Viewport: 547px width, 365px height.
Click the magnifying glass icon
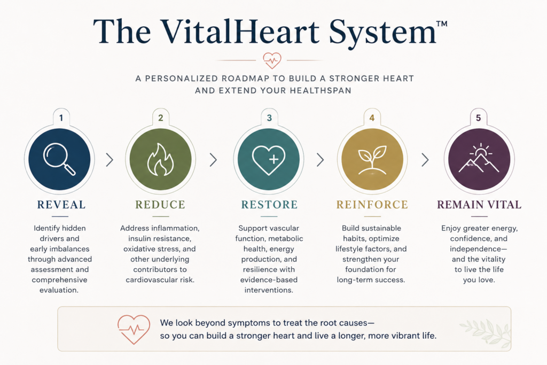coord(59,159)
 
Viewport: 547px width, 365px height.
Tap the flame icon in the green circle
coord(160,159)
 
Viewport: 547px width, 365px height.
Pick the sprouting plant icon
coord(372,160)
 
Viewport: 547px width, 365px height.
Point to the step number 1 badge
coord(61,118)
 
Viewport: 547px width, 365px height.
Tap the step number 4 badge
coord(372,118)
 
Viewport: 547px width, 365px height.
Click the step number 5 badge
coord(478,118)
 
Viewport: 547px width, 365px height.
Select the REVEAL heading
coord(61,205)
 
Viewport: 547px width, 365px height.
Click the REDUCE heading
coord(160,205)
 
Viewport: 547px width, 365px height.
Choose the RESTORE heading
coord(269,205)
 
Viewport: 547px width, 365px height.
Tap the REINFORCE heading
coord(372,205)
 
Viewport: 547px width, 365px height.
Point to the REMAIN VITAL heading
coord(479,205)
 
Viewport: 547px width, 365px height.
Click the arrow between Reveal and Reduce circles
coord(110,160)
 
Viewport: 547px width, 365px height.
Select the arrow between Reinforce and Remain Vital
coord(425,160)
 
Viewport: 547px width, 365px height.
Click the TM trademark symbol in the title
coord(442,24)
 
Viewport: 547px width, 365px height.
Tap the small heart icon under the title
coord(272,60)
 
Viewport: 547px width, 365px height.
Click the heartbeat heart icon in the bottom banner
coord(134,329)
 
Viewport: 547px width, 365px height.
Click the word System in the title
coord(382,32)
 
